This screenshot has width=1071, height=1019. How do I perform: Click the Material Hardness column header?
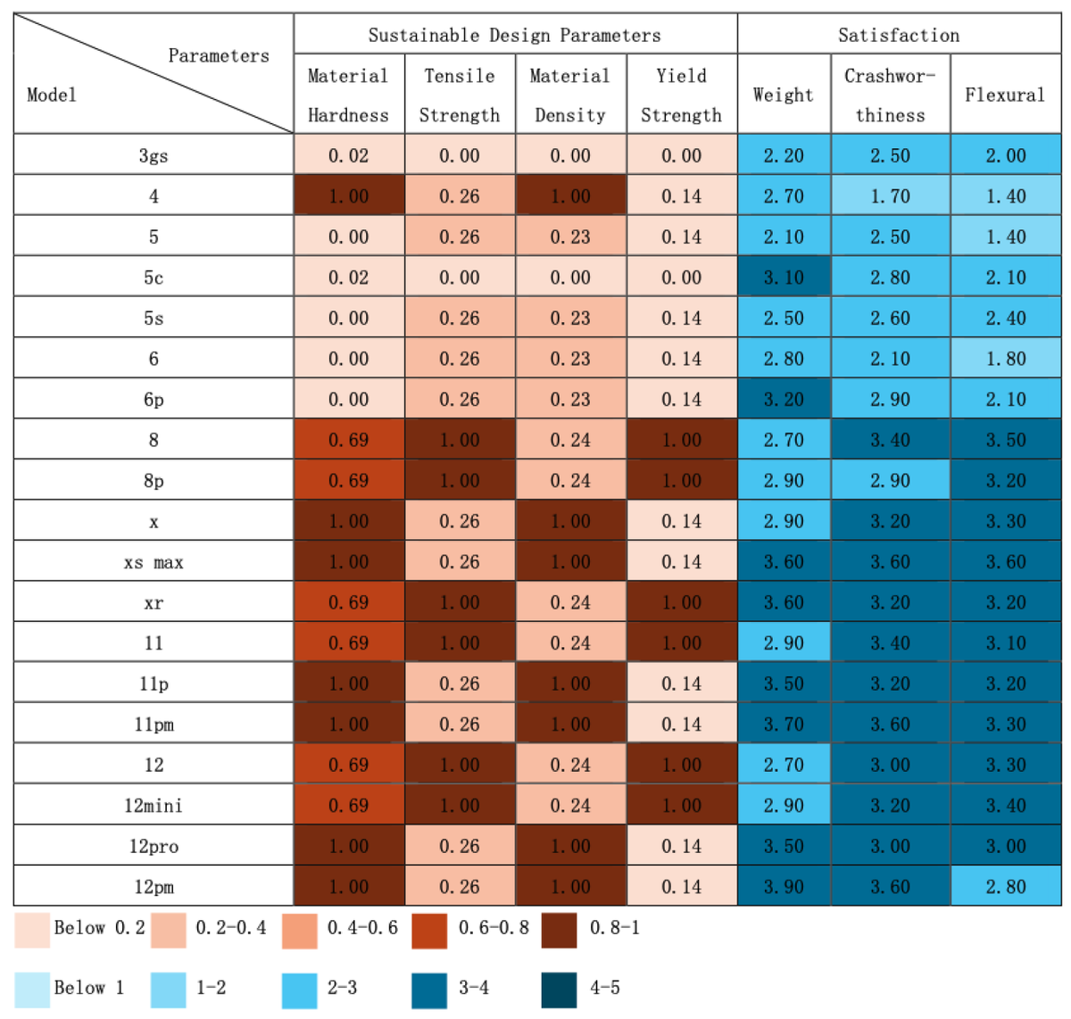tap(348, 95)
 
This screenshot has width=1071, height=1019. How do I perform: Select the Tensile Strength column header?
tap(460, 95)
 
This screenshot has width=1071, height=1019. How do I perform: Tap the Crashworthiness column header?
tap(890, 95)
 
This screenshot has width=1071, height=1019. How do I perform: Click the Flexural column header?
tap(1005, 95)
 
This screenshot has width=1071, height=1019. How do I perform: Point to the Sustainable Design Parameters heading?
tap(515, 35)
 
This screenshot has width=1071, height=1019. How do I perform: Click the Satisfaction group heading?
tap(899, 35)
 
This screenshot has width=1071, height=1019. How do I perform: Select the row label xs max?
tap(154, 562)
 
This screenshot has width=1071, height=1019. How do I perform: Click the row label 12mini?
tap(154, 806)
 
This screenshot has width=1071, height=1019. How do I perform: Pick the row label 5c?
tap(154, 278)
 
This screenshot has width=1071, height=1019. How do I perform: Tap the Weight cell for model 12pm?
tap(784, 887)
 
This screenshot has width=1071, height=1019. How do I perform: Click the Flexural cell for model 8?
tap(1005, 440)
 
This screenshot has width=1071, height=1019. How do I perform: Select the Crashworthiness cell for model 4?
tap(890, 196)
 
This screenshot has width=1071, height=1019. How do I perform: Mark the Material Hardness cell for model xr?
tap(348, 602)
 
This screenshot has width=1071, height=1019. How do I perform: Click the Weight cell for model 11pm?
tap(784, 725)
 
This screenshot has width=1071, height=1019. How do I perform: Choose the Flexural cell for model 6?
tap(1005, 359)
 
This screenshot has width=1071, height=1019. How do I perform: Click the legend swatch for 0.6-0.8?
tap(429, 930)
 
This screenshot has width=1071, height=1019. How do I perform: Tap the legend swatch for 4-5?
tap(560, 990)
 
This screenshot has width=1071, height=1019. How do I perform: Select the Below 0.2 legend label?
tap(99, 928)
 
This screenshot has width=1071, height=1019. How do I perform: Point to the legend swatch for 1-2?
tap(168, 990)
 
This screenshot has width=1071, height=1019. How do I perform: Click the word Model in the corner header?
tap(52, 95)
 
